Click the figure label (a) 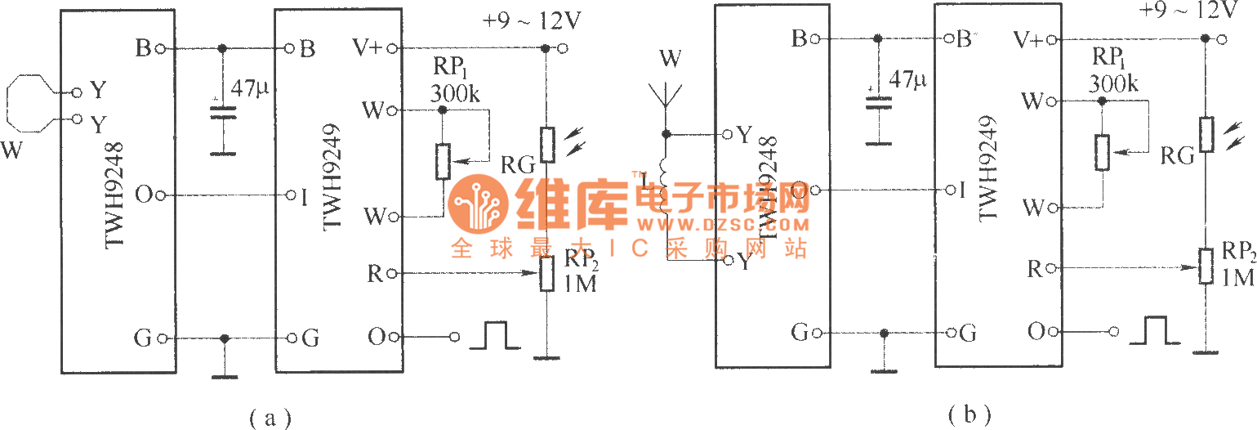tap(269, 418)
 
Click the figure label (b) tap(969, 414)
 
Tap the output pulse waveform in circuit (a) tap(496, 335)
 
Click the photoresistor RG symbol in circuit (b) tap(1205, 132)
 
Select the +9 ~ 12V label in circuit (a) tap(532, 22)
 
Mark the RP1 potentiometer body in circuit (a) tap(443, 161)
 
